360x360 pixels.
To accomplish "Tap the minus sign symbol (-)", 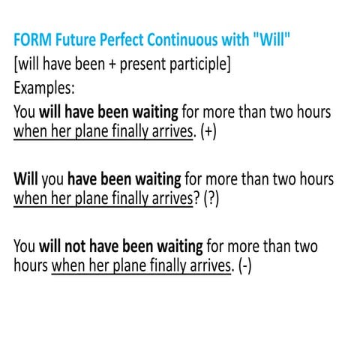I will (x=244, y=266).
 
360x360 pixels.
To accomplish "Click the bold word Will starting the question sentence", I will (x=25, y=180).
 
